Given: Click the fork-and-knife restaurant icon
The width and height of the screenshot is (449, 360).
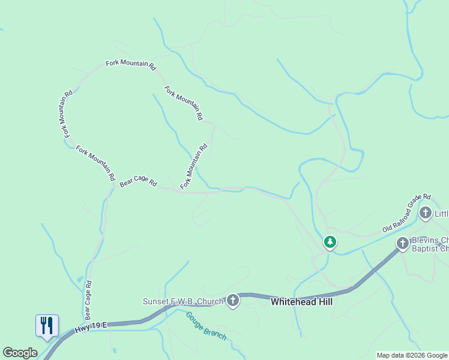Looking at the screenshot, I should coord(47,325).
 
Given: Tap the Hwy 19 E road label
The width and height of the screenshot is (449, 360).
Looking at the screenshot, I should coord(91,326).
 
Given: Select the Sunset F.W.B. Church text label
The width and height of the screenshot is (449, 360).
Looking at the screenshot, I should coord(182,301).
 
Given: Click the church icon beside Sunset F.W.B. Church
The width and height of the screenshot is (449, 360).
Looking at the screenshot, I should coord(233,301).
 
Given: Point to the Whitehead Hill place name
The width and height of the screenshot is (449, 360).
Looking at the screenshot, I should coord(301,302).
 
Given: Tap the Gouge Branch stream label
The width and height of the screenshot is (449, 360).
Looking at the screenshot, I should coord(205,326).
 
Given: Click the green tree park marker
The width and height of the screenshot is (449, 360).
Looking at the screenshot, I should coord(330,242).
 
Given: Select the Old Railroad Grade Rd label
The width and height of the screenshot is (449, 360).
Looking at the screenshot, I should coord(407,213).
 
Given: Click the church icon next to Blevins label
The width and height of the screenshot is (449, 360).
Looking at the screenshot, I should coord(403,243).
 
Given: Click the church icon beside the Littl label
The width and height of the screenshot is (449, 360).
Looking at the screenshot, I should coord(426,212).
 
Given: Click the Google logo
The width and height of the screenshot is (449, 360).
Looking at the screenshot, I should coord(20,353).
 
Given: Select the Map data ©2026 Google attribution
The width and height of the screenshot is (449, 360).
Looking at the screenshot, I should coord(412,355).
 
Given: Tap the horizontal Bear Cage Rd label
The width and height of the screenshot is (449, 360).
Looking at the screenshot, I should coord(138,182).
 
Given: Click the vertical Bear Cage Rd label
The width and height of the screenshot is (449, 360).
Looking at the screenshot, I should coord(88,300).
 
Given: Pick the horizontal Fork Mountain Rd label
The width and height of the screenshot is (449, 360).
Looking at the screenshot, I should coord(131,64).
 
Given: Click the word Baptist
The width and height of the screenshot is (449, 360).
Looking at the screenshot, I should coord(426,248).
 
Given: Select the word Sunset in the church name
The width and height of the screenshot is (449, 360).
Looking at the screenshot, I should coord(156,301).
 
